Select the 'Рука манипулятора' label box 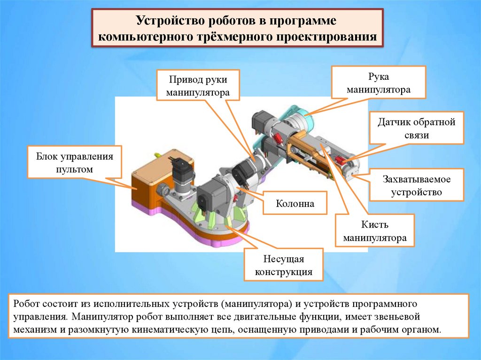[x=379, y=82]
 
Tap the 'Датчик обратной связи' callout [x=417, y=128]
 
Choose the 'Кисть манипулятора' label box [x=374, y=231]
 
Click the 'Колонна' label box [x=295, y=204]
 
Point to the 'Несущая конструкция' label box [x=283, y=265]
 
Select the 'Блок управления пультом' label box [x=75, y=162]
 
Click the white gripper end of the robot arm [x=352, y=169]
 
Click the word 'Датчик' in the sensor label [x=395, y=123]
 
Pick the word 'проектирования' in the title [x=328, y=37]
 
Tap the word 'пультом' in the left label [x=75, y=169]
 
